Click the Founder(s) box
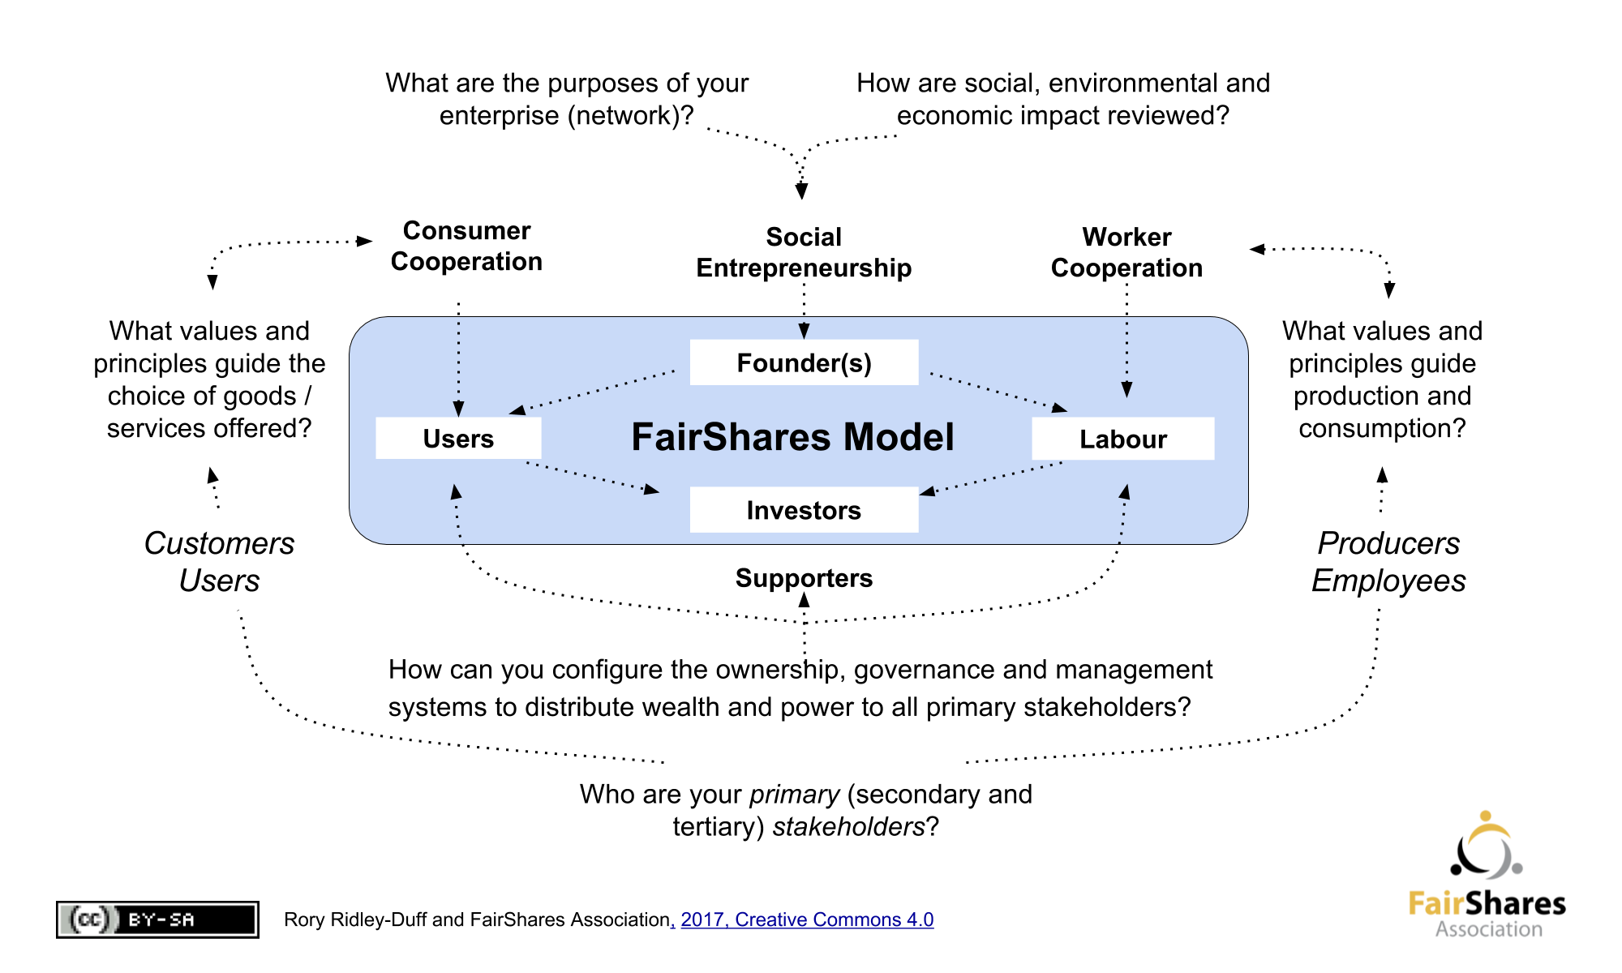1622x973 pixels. [x=804, y=362]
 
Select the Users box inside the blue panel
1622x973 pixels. [x=458, y=438]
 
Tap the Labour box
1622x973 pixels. [x=1123, y=439]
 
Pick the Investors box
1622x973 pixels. [x=804, y=510]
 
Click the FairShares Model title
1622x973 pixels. [x=792, y=437]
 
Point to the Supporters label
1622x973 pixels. [x=804, y=578]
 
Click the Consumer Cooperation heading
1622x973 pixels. [x=466, y=246]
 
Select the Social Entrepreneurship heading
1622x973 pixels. [x=804, y=252]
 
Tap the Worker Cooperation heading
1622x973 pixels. [x=1126, y=252]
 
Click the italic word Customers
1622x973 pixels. [x=219, y=543]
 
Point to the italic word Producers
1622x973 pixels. [x=1388, y=543]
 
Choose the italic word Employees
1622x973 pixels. [x=1388, y=581]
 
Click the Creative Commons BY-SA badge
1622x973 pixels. [x=157, y=919]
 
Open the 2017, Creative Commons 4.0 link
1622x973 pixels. [x=807, y=919]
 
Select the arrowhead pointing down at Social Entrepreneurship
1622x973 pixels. [x=801, y=191]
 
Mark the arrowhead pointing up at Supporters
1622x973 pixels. [x=804, y=600]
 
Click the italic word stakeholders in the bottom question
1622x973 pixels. [x=849, y=826]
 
